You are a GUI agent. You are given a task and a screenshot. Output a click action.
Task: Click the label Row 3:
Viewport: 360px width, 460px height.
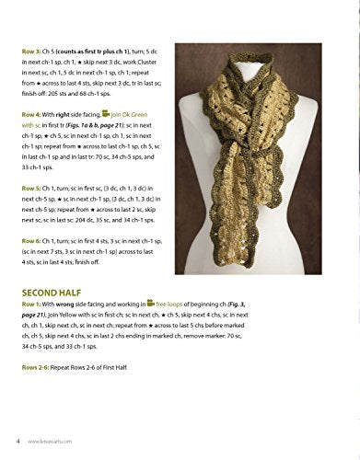tap(31, 44)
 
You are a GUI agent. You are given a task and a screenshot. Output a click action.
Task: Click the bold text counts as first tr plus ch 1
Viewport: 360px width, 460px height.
tap(93, 44)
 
